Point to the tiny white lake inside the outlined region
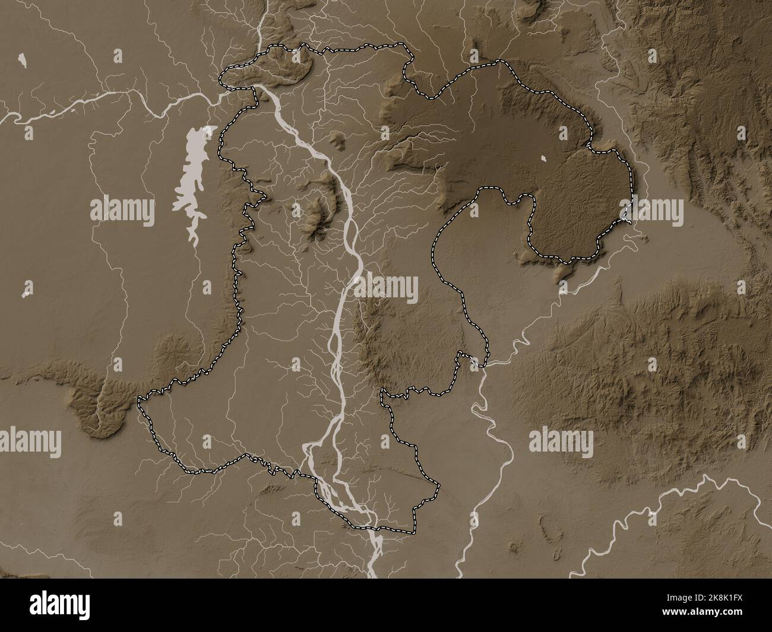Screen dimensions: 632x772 545,158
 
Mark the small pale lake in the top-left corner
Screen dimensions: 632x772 22,59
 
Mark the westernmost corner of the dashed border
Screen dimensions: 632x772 140,401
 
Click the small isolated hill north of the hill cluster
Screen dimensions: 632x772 338,141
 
